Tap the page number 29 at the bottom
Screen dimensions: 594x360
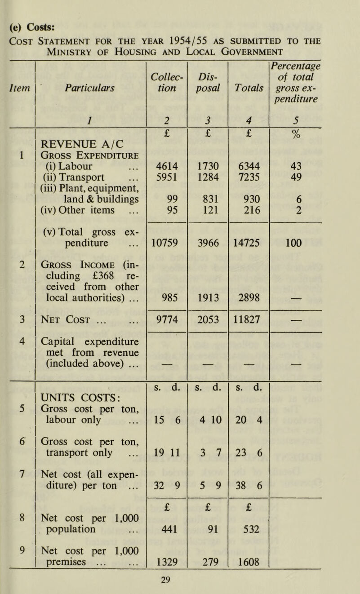tap(180, 584)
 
